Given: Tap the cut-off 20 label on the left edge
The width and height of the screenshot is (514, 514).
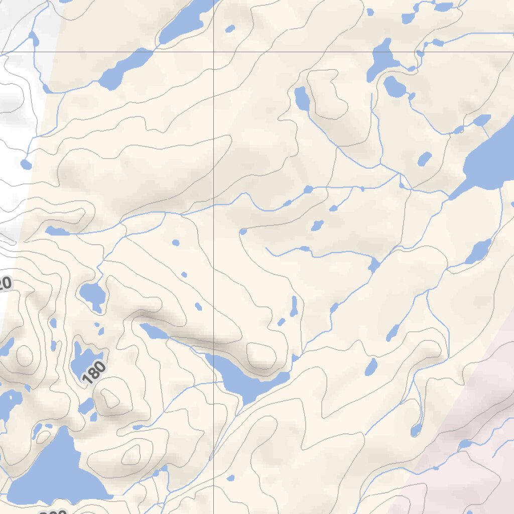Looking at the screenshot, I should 4,284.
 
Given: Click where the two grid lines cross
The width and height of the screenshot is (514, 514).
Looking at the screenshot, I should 214,52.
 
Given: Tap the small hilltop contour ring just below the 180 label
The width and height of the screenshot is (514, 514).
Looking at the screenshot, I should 110,399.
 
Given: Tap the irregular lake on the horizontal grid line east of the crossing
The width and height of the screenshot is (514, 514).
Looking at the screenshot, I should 382,58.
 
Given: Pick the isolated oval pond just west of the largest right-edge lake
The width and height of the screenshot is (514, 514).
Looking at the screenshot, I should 425,159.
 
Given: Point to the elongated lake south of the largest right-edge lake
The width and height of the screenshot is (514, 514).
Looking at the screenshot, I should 478,251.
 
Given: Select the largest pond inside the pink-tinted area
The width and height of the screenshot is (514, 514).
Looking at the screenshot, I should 465,444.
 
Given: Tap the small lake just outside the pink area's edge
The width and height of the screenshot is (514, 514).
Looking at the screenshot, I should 416,429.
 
